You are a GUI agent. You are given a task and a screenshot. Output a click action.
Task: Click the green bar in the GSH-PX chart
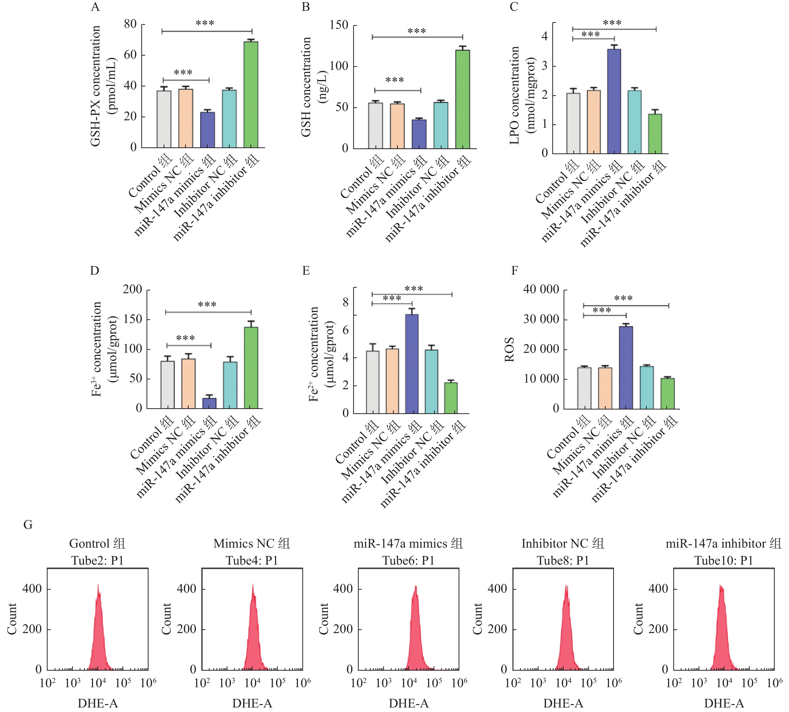[x=251, y=95]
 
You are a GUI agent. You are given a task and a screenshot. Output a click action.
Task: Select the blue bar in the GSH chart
[x=419, y=134]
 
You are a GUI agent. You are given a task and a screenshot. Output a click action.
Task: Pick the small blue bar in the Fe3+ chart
[x=209, y=403]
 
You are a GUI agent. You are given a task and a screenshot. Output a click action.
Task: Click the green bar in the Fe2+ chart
[x=451, y=398]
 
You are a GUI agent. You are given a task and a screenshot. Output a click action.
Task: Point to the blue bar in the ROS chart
[x=626, y=368]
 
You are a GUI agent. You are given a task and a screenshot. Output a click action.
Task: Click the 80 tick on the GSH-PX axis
[x=130, y=24]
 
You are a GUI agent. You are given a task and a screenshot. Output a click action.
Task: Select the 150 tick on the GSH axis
[x=339, y=25]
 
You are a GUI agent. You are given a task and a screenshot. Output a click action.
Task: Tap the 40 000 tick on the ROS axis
[x=541, y=289]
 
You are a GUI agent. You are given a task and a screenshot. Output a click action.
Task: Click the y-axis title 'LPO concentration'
[x=514, y=95]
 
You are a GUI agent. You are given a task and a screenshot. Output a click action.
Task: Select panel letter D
[x=95, y=271]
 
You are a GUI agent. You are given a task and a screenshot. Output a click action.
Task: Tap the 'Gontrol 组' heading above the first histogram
[x=97, y=543]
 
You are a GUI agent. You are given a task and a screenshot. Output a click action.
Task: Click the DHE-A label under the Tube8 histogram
[x=563, y=703]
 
